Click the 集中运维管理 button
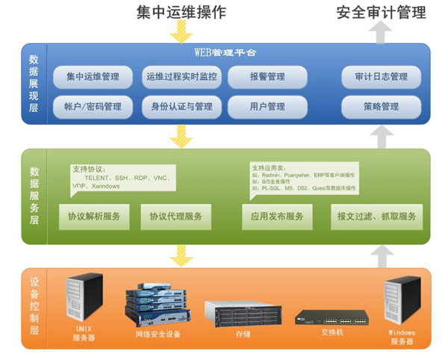93,77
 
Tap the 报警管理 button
267,77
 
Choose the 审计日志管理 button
381,77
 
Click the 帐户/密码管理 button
93,107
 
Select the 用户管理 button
267,107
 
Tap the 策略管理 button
381,107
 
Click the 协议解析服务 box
93,217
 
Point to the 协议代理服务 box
175,217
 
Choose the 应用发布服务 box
273,217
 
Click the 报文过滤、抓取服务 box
376,217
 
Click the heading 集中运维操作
181,13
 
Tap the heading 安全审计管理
382,13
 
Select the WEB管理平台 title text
225,54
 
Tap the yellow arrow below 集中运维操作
181,31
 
